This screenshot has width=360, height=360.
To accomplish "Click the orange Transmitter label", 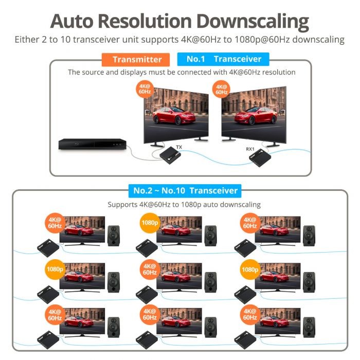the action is pyautogui.click(x=136, y=60).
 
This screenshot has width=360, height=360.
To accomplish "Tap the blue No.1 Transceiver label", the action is pyautogui.click(x=223, y=59).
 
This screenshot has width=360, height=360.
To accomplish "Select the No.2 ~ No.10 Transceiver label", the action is pyautogui.click(x=185, y=191).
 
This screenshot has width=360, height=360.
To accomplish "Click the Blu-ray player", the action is pyautogui.click(x=93, y=144).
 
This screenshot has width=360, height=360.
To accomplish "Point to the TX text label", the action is pyautogui.click(x=179, y=147).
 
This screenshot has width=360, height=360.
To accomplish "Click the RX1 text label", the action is pyautogui.click(x=250, y=149).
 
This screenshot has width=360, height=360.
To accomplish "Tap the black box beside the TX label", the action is pyautogui.click(x=170, y=155).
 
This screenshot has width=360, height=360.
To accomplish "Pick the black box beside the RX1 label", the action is pyautogui.click(x=260, y=158).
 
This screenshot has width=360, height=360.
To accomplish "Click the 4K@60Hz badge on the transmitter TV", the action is pyautogui.click(x=145, y=89).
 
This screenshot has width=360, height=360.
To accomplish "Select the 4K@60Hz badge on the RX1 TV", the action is pyautogui.click(x=221, y=89).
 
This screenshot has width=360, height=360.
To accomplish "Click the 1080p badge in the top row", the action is pyautogui.click(x=150, y=223).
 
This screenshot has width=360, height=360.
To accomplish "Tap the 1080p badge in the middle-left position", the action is pyautogui.click(x=55, y=269).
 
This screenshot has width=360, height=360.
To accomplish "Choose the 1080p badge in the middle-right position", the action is pyautogui.click(x=250, y=269).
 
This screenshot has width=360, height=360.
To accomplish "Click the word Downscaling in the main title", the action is pyautogui.click(x=253, y=22).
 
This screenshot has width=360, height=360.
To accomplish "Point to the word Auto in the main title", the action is pyautogui.click(x=72, y=22).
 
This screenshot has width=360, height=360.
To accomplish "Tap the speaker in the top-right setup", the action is pyautogui.click(x=309, y=236).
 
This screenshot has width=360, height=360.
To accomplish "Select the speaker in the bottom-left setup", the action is pyautogui.click(x=114, y=327).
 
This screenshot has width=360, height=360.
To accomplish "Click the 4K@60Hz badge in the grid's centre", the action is pyautogui.click(x=150, y=269).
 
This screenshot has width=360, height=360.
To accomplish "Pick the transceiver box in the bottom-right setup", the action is pyautogui.click(x=245, y=340).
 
